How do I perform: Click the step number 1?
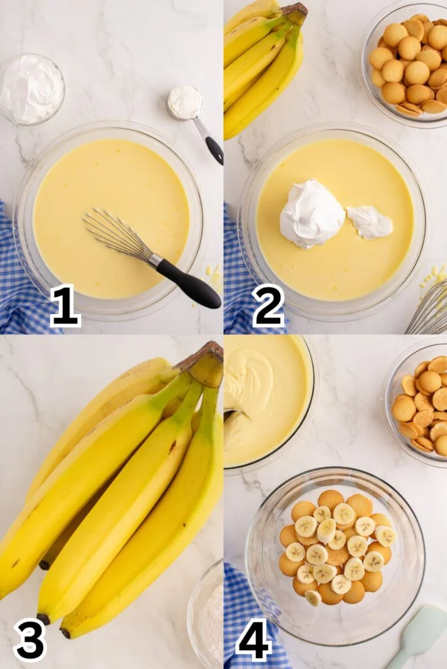pyautogui.click(x=65, y=306)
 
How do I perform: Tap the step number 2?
pyautogui.click(x=268, y=306)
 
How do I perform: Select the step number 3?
pyautogui.click(x=30, y=641)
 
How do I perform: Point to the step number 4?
pyautogui.click(x=254, y=641)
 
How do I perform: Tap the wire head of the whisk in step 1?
pyautogui.click(x=118, y=235)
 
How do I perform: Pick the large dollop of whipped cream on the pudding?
pyautogui.click(x=312, y=214)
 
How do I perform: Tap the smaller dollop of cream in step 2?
pyautogui.click(x=369, y=222)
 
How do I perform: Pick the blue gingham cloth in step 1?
pyautogui.click(x=19, y=273)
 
